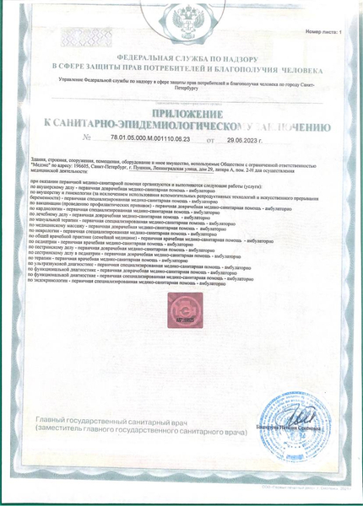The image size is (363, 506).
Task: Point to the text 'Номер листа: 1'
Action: tap(324, 31)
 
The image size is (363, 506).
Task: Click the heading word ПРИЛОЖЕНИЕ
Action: tap(182, 112)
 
